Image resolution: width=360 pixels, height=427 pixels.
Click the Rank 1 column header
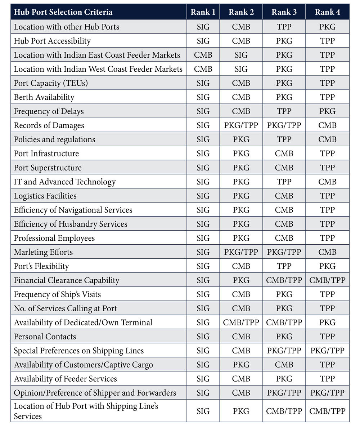(x=203, y=12)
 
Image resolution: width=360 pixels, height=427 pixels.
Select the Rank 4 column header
(x=327, y=12)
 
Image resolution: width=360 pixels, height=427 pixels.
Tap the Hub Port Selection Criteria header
(x=63, y=12)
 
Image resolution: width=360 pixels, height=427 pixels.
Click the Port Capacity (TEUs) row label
(x=51, y=83)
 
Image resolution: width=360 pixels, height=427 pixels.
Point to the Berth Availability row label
(x=44, y=97)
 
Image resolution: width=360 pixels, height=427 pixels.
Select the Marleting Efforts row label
(x=43, y=252)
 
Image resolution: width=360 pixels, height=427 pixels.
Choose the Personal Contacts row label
(x=45, y=337)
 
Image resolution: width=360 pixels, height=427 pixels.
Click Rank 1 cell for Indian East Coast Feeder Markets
(x=203, y=55)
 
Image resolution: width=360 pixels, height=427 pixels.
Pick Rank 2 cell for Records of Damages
(x=241, y=125)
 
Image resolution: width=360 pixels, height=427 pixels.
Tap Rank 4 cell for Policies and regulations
(x=327, y=139)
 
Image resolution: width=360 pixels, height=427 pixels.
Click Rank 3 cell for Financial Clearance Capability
(x=284, y=280)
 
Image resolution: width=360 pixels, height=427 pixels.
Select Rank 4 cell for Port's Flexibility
(x=327, y=266)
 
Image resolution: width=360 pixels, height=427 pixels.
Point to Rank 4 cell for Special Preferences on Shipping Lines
(x=327, y=351)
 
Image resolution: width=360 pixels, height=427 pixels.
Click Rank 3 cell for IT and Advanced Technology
(x=284, y=182)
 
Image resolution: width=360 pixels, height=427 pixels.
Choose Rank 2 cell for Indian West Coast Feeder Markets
(x=241, y=69)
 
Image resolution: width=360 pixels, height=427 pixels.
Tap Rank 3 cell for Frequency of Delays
(x=284, y=111)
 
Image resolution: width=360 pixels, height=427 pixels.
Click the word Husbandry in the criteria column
(x=79, y=224)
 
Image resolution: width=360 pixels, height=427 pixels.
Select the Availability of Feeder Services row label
(x=65, y=379)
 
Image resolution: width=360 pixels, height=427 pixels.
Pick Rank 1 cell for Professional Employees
(x=203, y=238)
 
